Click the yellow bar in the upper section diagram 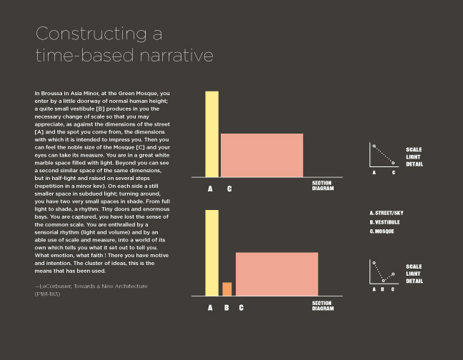point(211,134)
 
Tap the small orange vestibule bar point(226,289)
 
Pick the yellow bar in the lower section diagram point(211,253)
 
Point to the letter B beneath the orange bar point(226,308)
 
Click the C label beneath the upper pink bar point(229,189)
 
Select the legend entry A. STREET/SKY point(387,214)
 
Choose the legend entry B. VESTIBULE point(384,222)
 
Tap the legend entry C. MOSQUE point(382,231)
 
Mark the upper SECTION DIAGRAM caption point(322,185)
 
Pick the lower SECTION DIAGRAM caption point(322,305)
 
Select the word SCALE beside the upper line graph point(414,149)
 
